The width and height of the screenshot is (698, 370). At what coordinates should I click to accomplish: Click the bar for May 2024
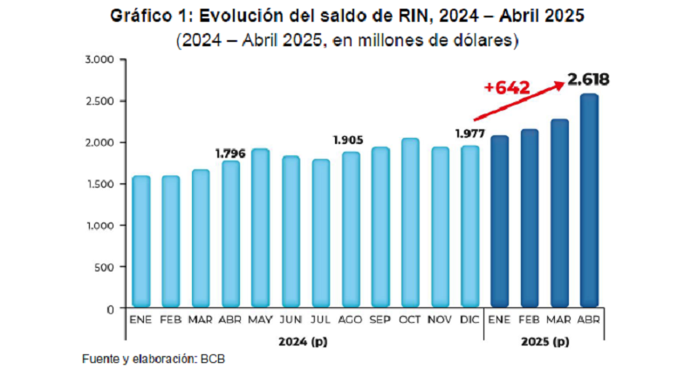(260, 229)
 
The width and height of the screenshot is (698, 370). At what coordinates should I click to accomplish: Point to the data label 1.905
(349, 140)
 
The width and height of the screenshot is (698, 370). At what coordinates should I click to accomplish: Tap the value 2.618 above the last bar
(589, 80)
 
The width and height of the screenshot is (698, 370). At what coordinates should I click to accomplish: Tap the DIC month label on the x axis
(470, 320)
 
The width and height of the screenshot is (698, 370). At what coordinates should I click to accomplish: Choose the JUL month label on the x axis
(320, 320)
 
